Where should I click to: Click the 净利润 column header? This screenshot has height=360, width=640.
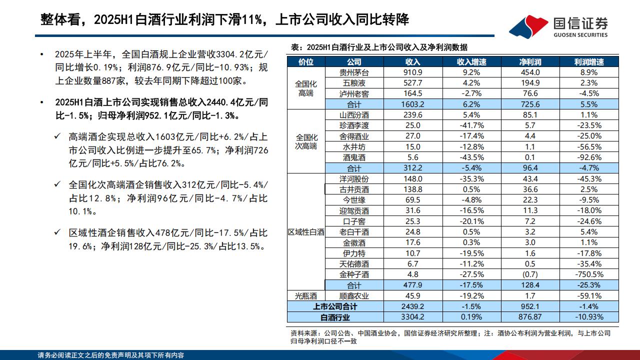529,62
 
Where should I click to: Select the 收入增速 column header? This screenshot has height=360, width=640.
471,62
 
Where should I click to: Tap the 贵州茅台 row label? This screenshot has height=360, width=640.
353,72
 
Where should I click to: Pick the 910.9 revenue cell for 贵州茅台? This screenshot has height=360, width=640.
413,72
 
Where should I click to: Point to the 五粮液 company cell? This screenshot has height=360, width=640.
353,83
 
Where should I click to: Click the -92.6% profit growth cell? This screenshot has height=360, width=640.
589,157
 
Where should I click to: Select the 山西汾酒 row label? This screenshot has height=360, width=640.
353,115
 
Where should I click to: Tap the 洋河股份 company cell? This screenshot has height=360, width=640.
353,179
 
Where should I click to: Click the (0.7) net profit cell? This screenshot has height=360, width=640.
529,274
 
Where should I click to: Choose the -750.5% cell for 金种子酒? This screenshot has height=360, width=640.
589,274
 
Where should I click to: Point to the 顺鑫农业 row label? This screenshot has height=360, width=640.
353,296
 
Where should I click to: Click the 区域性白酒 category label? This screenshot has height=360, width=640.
306,232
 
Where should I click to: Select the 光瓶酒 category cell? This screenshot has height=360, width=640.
306,296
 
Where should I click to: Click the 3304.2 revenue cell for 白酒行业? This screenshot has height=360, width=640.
413,317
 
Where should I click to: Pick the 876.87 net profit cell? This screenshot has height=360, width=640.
529,317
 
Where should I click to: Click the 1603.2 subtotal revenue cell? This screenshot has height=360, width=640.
413,104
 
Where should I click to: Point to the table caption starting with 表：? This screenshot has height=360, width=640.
379,47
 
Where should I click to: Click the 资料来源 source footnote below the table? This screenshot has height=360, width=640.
450,337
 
